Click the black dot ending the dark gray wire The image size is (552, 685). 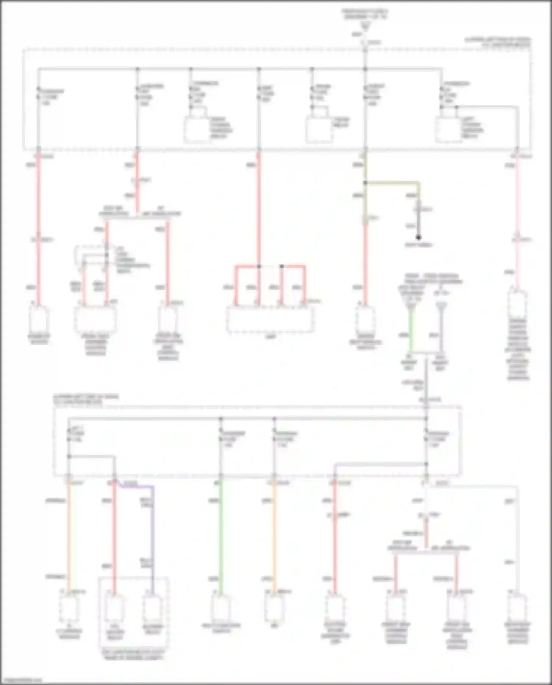pyautogui.click(x=418, y=237)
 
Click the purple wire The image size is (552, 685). pyautogui.click(x=152, y=534)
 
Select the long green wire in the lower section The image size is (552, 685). pyautogui.click(x=221, y=534)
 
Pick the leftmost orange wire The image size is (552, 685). pyautogui.click(x=68, y=534)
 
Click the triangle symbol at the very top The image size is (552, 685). pyautogui.click(x=365, y=26)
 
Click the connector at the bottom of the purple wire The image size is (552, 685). pyautogui.click(x=152, y=607)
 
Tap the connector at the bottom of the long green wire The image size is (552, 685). pyautogui.click(x=221, y=607)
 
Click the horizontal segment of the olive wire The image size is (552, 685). pyautogui.click(x=392, y=183)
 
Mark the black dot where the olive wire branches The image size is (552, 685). pyautogui.click(x=365, y=183)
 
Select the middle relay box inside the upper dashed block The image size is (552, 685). pyautogui.click(x=319, y=129)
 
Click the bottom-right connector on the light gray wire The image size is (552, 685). pyautogui.click(x=517, y=607)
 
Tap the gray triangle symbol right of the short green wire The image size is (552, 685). pyautogui.click(x=441, y=306)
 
